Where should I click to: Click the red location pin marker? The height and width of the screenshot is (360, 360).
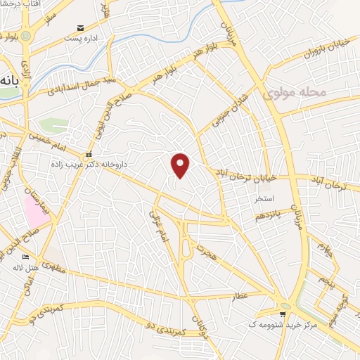[181, 165]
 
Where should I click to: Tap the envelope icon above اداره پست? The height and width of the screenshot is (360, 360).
[81, 27]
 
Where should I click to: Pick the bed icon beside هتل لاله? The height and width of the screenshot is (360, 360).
[26, 257]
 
